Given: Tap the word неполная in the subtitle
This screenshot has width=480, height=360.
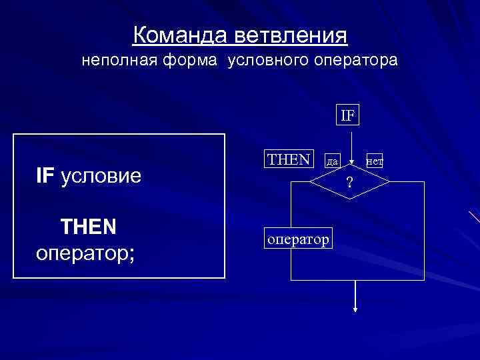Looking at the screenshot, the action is coord(115,61).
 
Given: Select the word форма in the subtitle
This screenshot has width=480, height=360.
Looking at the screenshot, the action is coord(190,61).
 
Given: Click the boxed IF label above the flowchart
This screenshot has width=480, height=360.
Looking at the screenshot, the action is coord(349,115).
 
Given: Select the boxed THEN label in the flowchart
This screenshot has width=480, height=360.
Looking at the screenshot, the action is coord(289,159).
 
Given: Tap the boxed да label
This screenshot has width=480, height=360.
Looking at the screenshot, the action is coord(333,161).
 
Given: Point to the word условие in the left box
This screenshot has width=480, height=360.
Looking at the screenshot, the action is coord(101,177).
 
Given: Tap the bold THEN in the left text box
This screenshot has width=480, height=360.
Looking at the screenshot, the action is coord(89,227).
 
